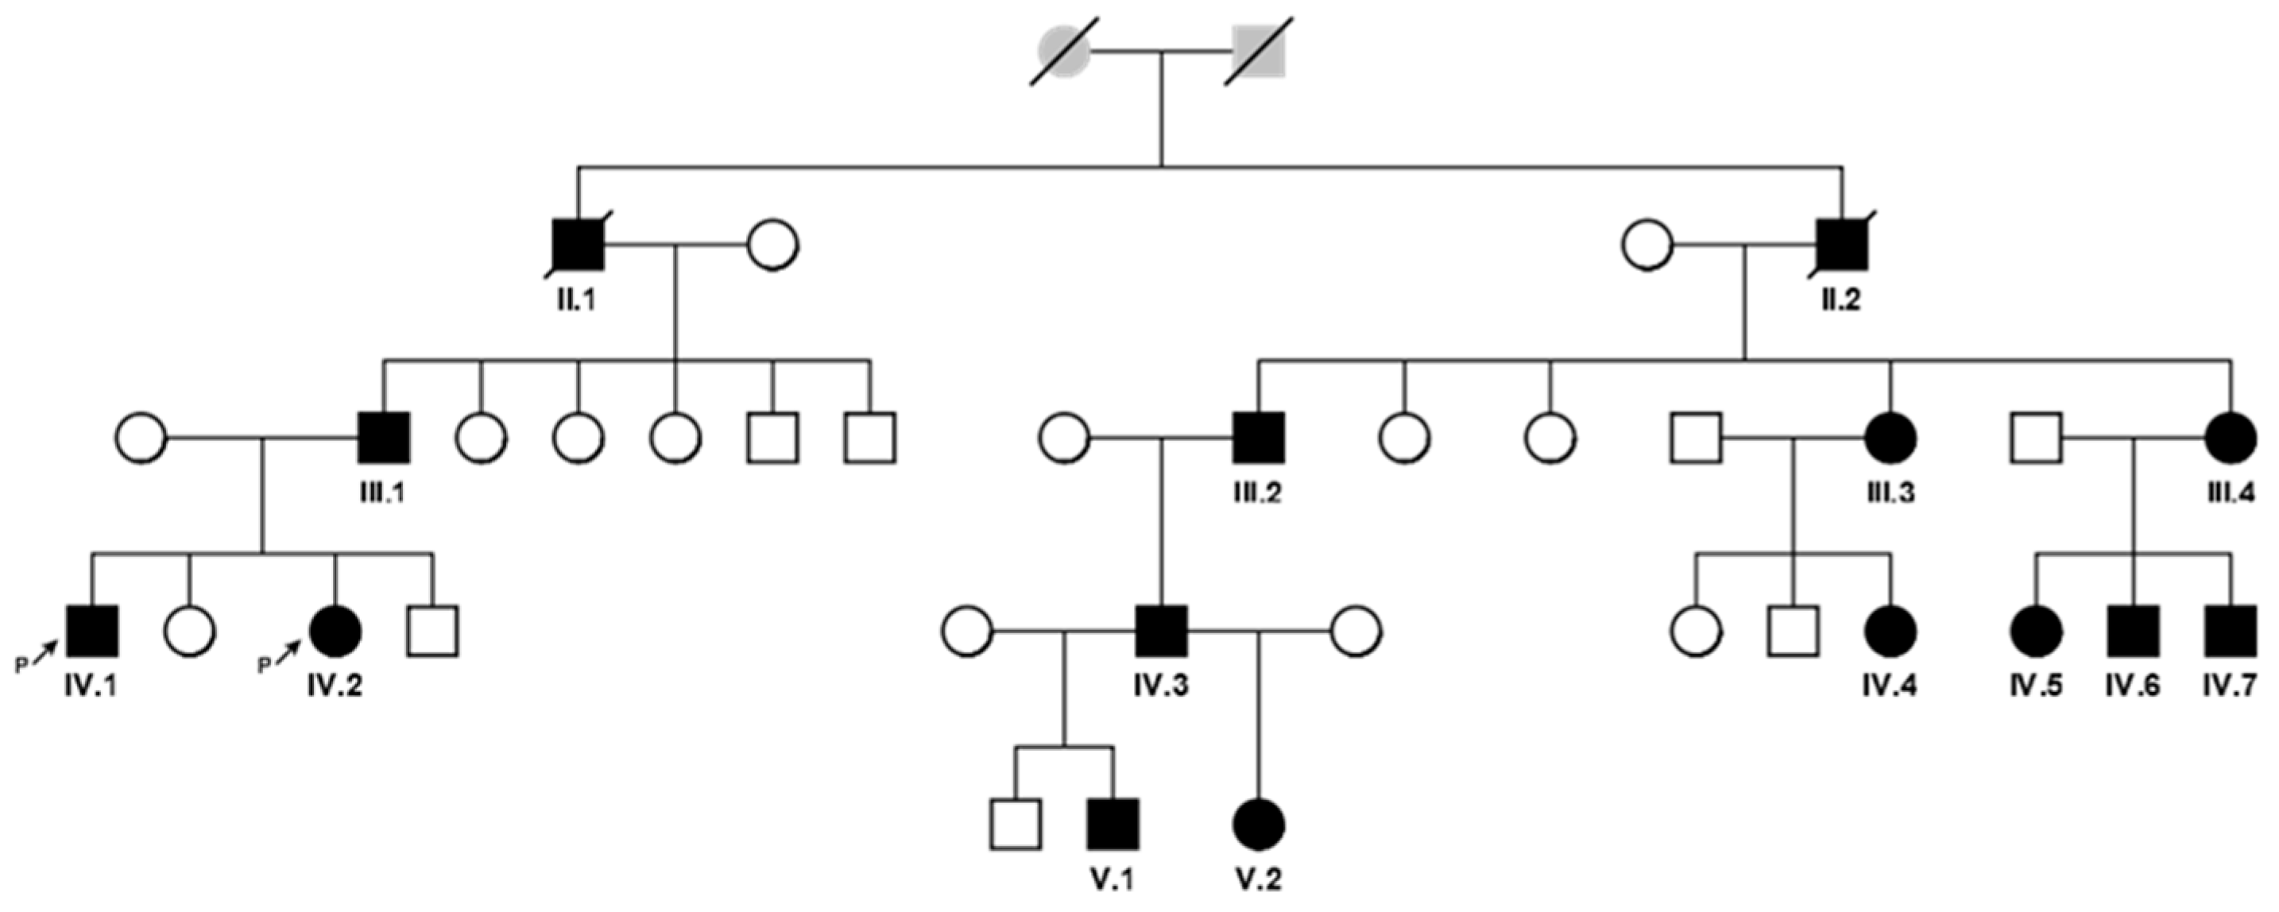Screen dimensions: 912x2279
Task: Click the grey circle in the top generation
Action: click(1063, 52)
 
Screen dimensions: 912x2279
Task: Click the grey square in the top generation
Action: click(1258, 52)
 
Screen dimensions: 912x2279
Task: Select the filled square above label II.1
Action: click(578, 244)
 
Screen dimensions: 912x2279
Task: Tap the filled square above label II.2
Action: click(1842, 244)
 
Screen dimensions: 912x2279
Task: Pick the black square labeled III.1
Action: click(384, 438)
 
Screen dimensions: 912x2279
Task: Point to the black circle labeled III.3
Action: click(1890, 438)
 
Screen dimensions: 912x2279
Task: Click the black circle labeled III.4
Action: click(2231, 438)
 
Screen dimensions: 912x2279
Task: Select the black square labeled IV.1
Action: click(93, 632)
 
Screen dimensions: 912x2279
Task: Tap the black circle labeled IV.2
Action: click(335, 632)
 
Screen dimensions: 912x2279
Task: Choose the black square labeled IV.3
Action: click(1162, 632)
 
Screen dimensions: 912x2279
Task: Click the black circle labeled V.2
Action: click(1258, 824)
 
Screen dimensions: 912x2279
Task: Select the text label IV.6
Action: click(2132, 685)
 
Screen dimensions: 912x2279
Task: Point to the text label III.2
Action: click(1258, 492)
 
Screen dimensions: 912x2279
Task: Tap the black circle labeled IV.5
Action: click(2037, 632)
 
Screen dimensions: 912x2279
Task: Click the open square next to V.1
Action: click(1016, 824)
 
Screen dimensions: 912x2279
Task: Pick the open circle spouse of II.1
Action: click(773, 244)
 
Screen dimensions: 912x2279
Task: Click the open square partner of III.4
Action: click(2037, 438)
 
